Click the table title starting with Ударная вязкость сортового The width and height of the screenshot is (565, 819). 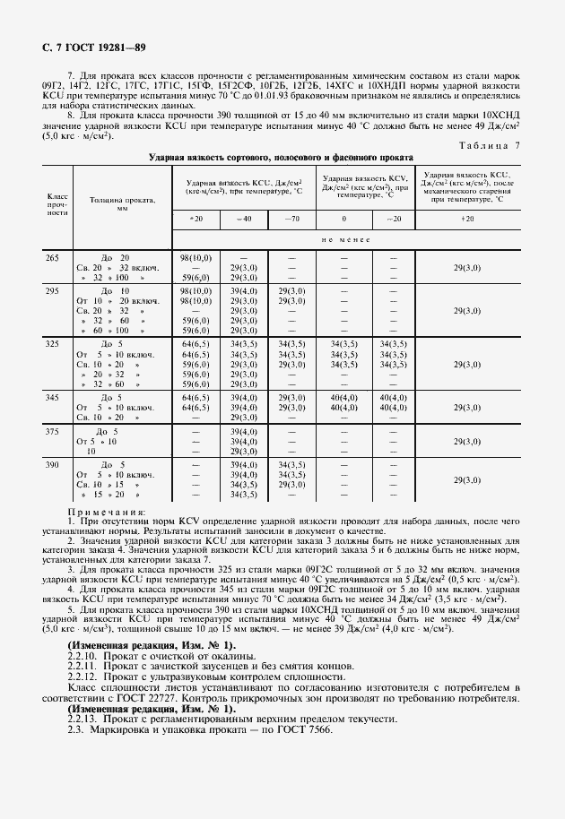[x=281, y=157]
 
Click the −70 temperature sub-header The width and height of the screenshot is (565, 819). [x=291, y=220]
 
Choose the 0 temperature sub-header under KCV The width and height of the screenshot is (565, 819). [x=343, y=220]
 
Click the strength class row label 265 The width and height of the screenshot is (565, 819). [x=52, y=258]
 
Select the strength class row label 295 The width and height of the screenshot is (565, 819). [x=52, y=291]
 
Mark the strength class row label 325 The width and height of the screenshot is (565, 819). [x=52, y=344]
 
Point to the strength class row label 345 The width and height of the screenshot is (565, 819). [x=52, y=397]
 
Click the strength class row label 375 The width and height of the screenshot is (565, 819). [x=52, y=431]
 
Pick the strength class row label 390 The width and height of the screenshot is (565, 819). [x=52, y=465]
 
